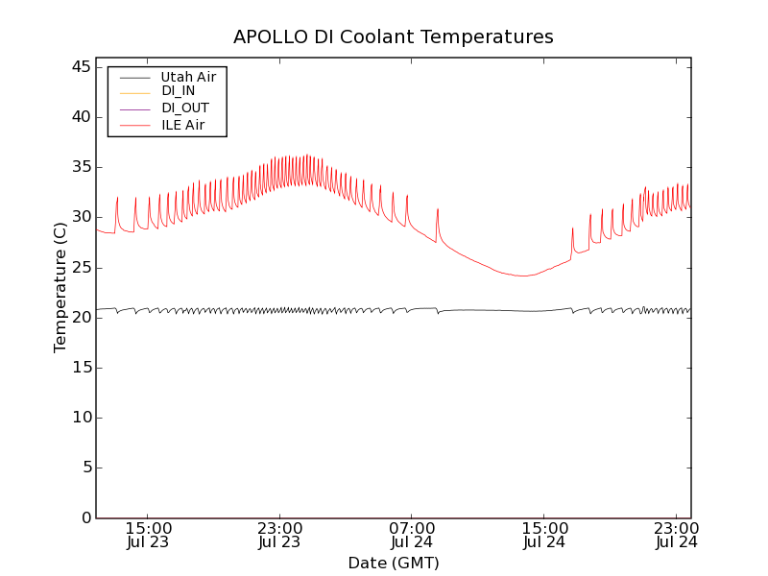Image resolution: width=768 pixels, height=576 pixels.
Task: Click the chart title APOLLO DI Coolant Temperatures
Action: coord(393,36)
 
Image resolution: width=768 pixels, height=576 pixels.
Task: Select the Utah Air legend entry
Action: coord(188,77)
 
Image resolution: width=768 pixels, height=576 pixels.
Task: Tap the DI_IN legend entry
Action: coord(178,91)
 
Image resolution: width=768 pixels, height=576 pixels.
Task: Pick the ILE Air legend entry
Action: coord(181,125)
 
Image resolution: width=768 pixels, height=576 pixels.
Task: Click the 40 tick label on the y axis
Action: coord(81,117)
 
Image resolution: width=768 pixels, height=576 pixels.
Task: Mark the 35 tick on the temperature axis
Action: coord(81,167)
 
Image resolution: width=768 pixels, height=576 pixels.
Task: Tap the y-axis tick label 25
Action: coord(81,267)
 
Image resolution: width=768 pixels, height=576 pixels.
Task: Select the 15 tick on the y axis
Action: coord(81,368)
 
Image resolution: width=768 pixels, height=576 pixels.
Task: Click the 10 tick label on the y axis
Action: coord(81,418)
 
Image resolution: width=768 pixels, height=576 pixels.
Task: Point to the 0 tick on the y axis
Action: coord(85,517)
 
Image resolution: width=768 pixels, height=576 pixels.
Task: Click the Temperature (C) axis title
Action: coord(60,287)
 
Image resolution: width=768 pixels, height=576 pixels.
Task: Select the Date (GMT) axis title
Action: coord(393,563)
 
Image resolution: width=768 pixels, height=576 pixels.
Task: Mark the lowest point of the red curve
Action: coord(524,276)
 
